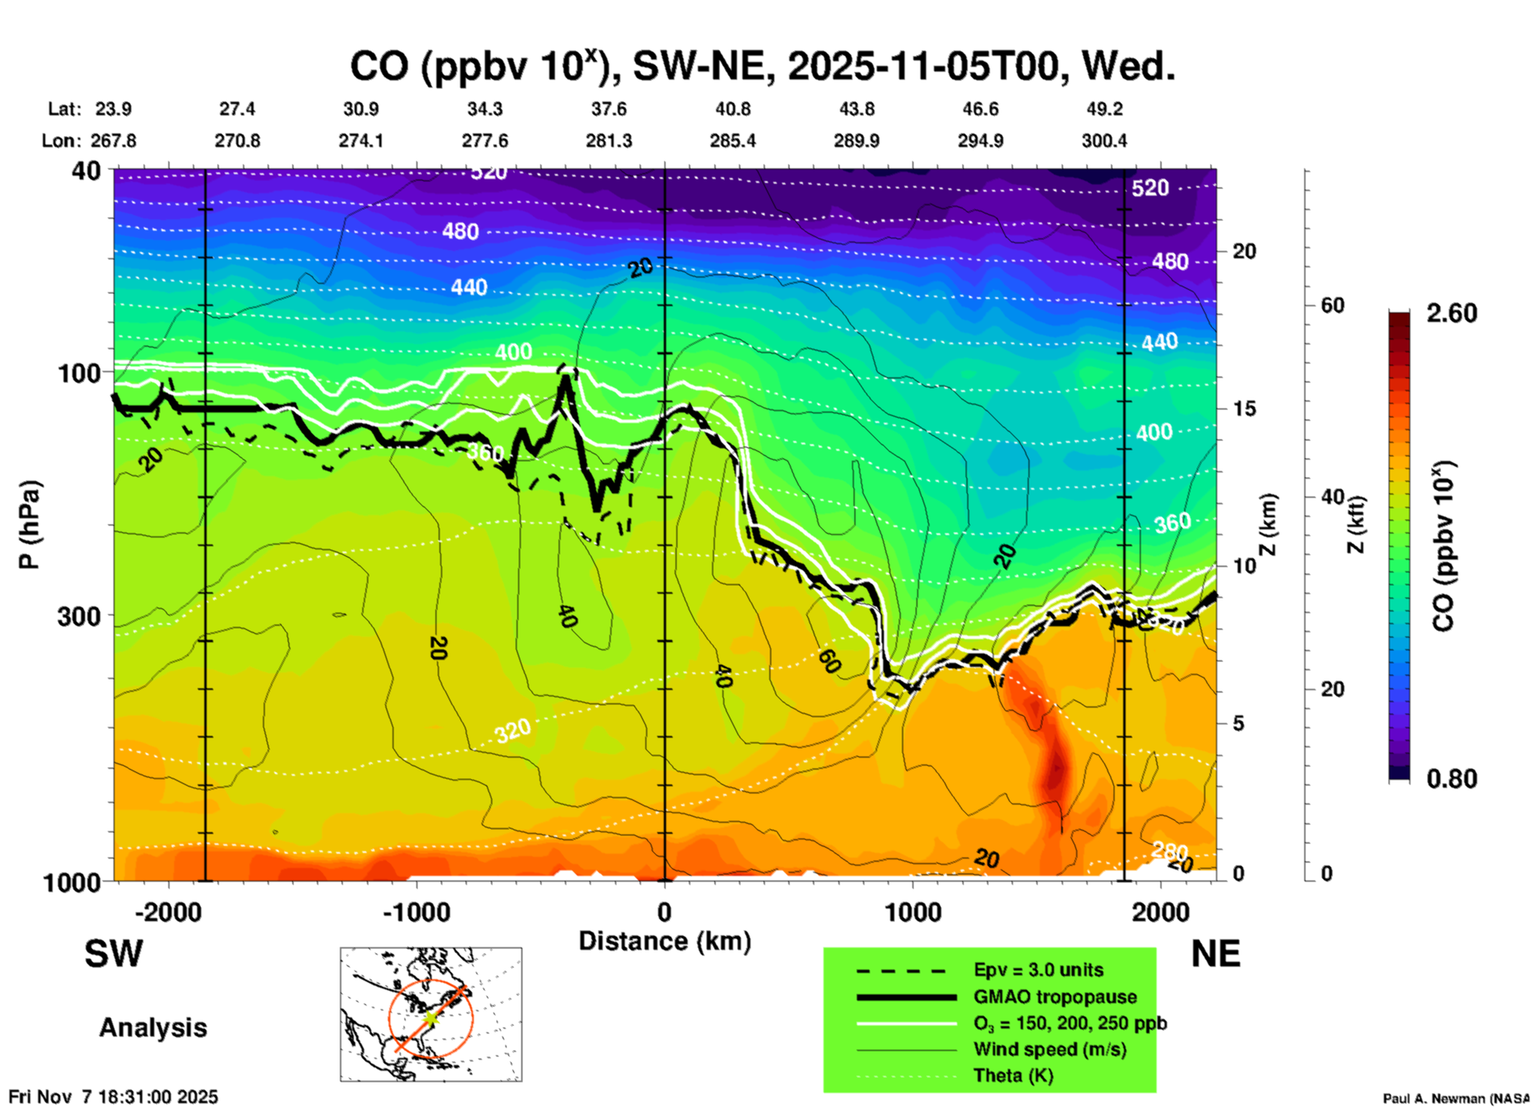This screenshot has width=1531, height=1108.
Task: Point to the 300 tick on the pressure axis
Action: [79, 616]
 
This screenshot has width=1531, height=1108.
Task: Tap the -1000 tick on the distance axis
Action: [417, 912]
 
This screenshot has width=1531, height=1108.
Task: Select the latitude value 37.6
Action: [608, 109]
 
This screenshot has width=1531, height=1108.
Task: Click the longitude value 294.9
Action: [980, 141]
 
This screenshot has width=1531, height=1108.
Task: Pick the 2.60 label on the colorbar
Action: [1452, 313]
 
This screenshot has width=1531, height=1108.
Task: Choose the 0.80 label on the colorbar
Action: [1452, 779]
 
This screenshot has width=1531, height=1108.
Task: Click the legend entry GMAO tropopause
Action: [1055, 997]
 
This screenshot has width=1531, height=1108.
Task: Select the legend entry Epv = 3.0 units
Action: [1038, 970]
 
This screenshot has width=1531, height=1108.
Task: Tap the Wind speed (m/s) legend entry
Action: [1049, 1049]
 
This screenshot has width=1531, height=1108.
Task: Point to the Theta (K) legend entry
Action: [1013, 1075]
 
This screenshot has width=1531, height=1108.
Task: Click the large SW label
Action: [114, 954]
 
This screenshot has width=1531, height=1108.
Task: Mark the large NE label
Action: [1215, 954]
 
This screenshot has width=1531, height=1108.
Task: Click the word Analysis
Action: [153, 1028]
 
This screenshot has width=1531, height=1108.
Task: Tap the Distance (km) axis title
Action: [665, 941]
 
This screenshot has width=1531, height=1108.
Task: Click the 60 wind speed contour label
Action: [829, 661]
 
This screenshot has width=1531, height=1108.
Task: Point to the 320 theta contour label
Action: [513, 730]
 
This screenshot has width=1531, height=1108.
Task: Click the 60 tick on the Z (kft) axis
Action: [1332, 305]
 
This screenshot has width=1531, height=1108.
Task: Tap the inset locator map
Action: [431, 1014]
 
